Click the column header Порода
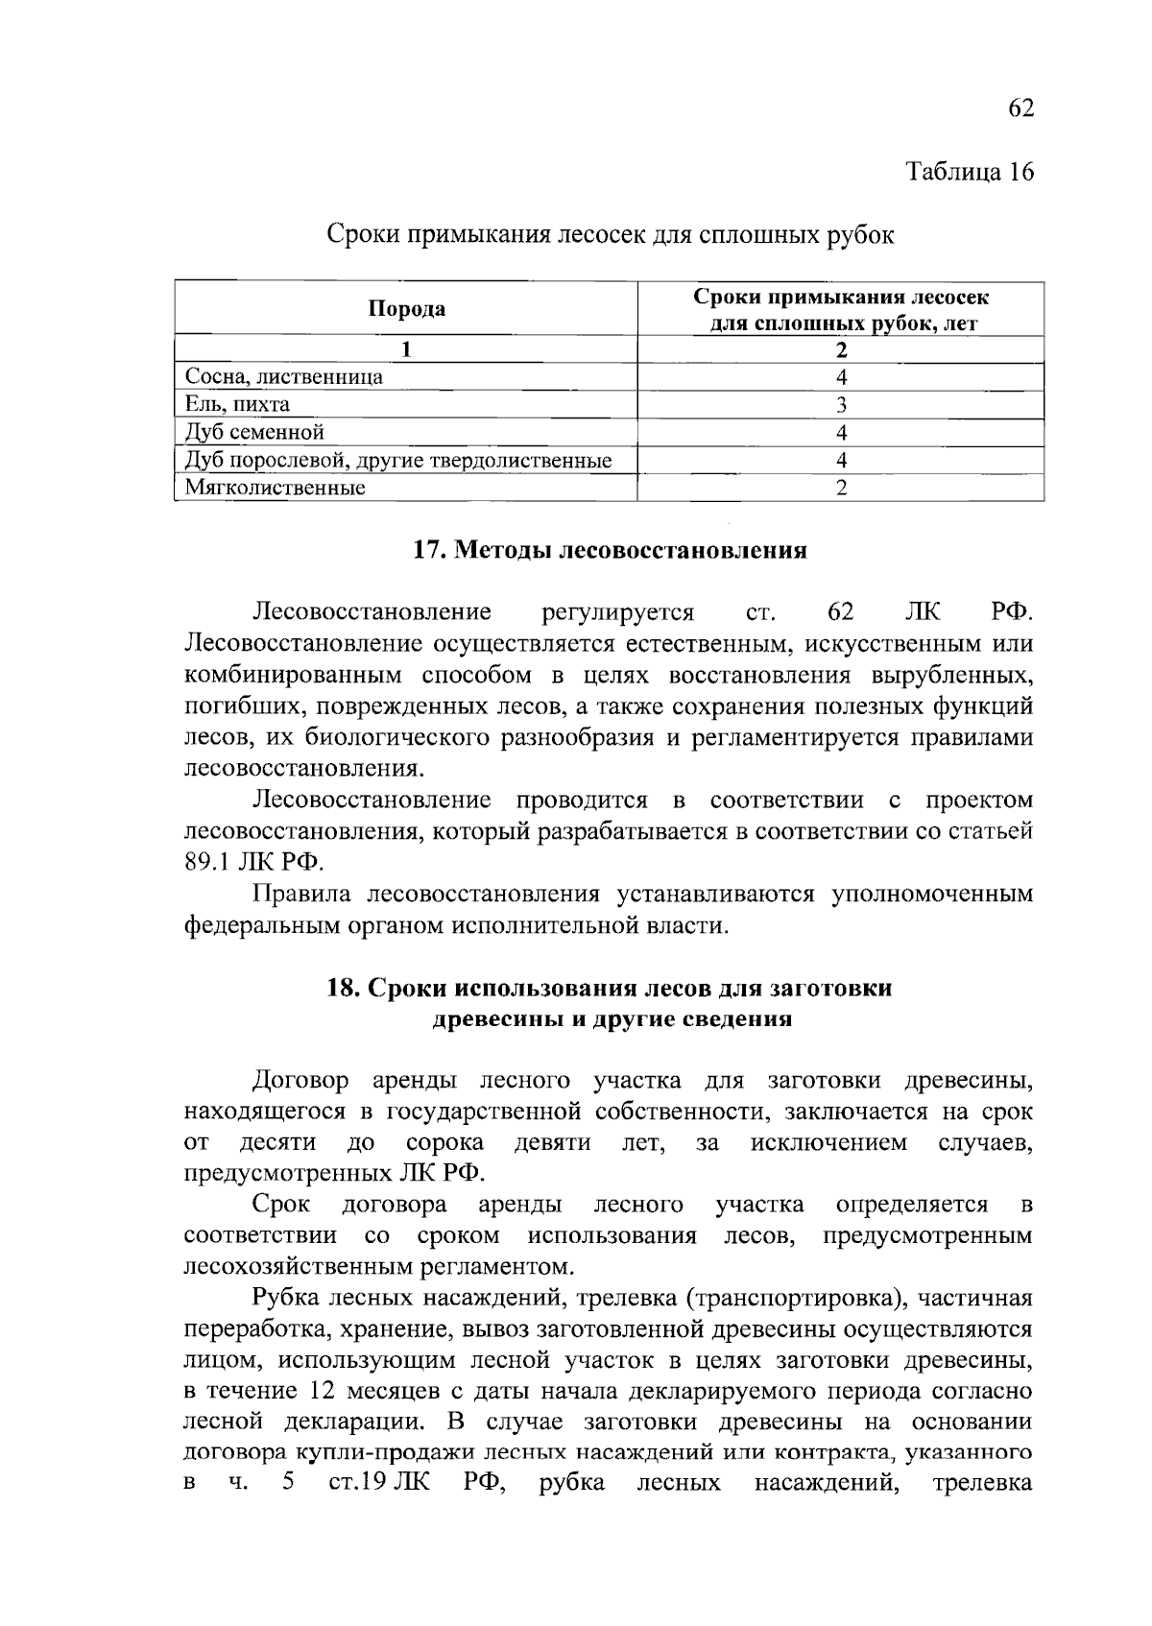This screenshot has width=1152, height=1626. point(407,308)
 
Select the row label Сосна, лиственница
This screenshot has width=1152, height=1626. point(284,376)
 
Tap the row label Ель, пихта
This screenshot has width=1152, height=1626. point(237,404)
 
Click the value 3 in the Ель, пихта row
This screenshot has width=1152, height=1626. point(841,404)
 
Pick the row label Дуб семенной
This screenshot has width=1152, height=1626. point(254,432)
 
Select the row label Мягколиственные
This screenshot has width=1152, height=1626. point(275,488)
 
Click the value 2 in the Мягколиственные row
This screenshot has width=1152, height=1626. point(841,488)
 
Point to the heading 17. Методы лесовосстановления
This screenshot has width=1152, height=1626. point(610,550)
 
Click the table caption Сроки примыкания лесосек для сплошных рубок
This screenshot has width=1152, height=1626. point(611,234)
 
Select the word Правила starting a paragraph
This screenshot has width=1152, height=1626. point(301,895)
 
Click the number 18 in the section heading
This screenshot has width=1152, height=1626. point(343,988)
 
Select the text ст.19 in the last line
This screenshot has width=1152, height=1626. point(357,1483)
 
